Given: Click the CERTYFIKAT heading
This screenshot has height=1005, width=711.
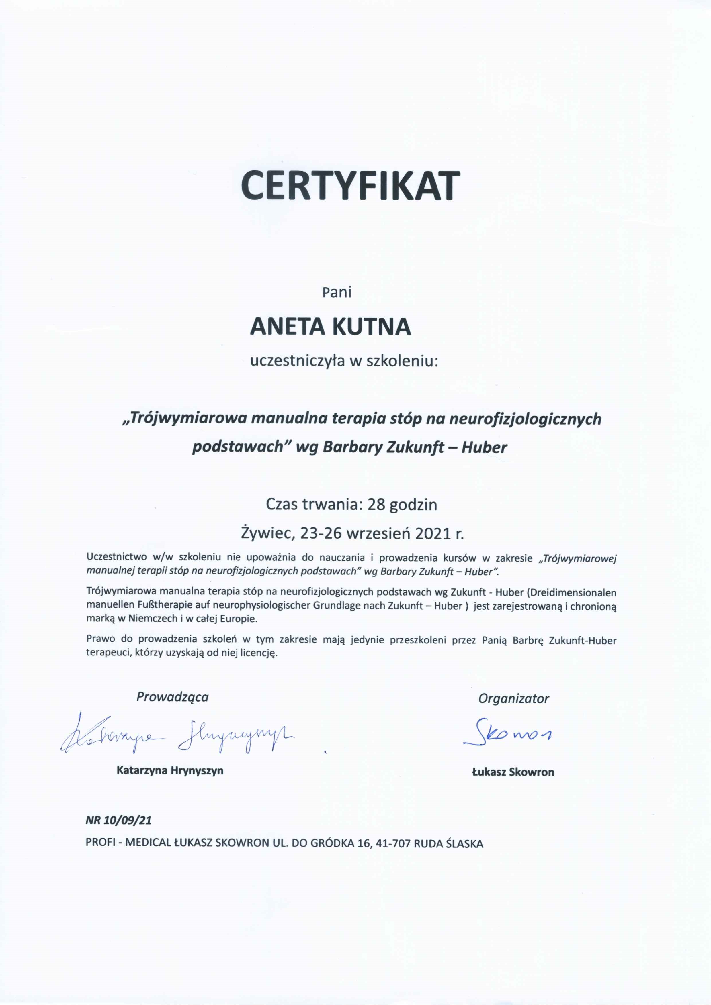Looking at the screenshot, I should coord(350,186).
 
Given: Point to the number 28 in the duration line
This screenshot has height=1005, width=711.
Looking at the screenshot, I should coord(376,505).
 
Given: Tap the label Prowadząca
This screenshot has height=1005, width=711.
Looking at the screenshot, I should coord(172,697).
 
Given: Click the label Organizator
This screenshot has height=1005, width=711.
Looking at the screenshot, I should coord(513,698).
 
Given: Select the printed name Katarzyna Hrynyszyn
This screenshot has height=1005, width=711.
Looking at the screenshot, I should coord(170,770).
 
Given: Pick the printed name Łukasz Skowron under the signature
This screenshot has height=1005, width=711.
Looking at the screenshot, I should coord(513,772).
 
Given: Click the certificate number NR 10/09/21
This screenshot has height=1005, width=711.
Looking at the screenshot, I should coord(118,820).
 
